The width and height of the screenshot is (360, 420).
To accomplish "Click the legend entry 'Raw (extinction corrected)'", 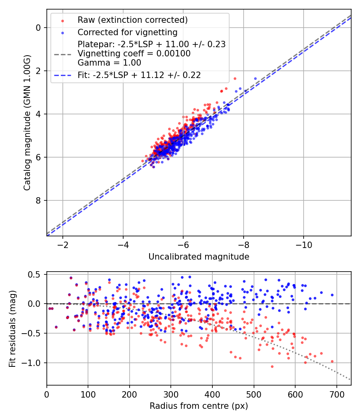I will click(x=132, y=20).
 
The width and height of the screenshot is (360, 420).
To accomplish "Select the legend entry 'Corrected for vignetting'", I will click(x=127, y=32).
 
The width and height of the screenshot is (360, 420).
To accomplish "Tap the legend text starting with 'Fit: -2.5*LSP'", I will click(x=139, y=75).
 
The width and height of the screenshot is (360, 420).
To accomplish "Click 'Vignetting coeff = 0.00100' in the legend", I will click(x=134, y=53).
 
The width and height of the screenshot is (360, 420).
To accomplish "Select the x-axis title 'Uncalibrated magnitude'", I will click(x=199, y=257).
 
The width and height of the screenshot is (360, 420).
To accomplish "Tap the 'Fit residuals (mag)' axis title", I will click(x=12, y=329).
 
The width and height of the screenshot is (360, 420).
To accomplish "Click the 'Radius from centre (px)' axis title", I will click(x=199, y=406).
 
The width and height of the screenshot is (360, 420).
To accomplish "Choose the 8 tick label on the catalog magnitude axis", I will click(x=38, y=200).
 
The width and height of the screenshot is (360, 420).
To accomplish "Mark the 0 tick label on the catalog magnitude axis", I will click(x=38, y=28).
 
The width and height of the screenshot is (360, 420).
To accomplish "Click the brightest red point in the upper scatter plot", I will click(x=235, y=78).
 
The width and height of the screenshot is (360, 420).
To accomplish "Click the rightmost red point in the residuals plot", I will click(x=332, y=361).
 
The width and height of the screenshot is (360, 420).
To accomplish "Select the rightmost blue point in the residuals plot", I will click(x=332, y=295).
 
